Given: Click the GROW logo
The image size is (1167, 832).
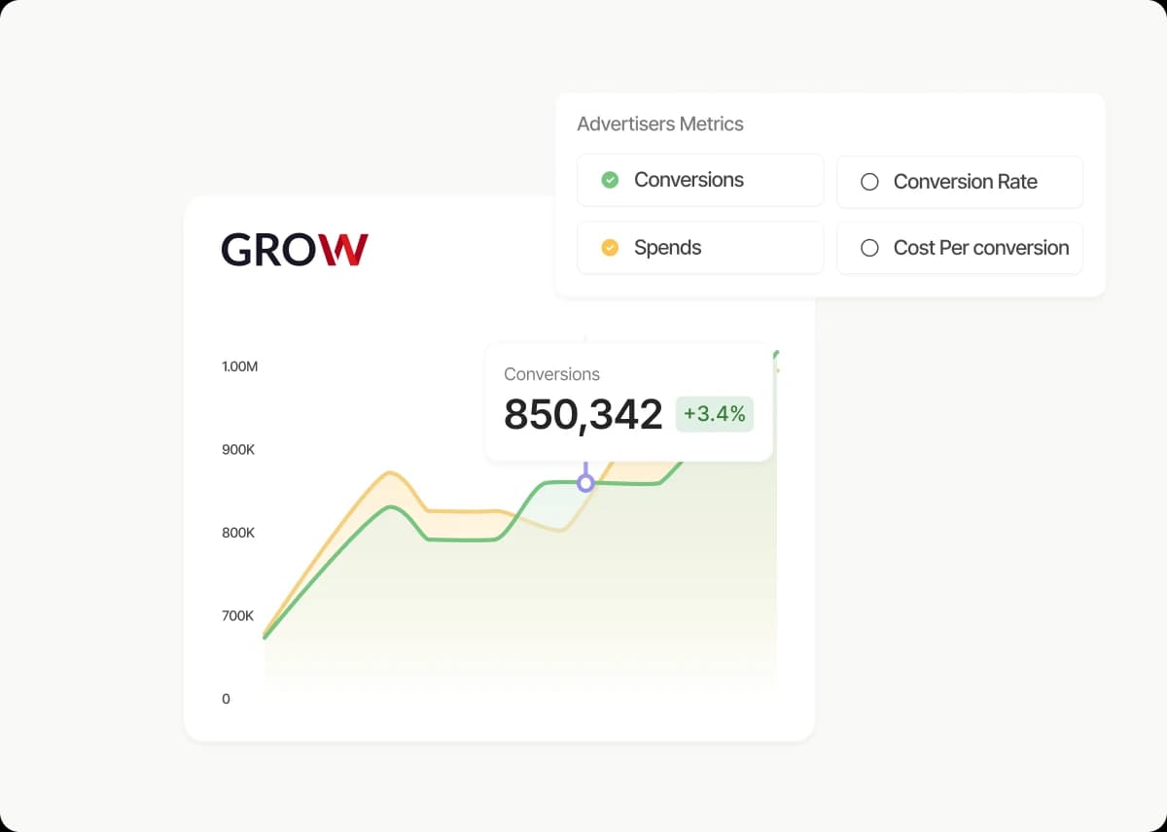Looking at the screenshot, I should (294, 250).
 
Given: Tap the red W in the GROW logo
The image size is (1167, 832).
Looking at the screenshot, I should (345, 250).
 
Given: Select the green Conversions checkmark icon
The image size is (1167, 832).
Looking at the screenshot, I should (610, 180).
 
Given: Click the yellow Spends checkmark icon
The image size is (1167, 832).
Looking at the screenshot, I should (610, 248).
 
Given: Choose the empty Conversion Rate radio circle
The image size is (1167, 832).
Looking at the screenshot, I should (869, 182).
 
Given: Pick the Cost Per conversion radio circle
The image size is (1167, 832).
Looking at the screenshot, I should (869, 249).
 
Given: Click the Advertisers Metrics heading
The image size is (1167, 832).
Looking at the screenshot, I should (659, 124).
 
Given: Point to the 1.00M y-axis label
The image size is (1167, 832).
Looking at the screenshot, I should (239, 366).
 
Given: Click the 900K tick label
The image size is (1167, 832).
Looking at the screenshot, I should (238, 450).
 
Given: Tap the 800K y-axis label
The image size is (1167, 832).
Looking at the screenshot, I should (238, 533).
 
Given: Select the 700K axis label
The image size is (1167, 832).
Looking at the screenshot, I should (238, 615).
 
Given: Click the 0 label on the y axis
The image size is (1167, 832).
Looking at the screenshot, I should (227, 699).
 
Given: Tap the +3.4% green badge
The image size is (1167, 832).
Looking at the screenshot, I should (714, 414).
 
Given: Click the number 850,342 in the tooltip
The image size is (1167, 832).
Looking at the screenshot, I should (583, 415).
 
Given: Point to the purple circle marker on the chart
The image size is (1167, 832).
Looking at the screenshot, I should (585, 483).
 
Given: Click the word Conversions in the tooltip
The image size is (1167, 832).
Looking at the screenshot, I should (551, 374).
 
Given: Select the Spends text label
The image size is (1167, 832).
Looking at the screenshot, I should (667, 248).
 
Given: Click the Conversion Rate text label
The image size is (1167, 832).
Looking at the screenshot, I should (965, 182).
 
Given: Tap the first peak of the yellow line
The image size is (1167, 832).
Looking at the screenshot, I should (390, 473).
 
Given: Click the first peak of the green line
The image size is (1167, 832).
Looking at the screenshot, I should (391, 507).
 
